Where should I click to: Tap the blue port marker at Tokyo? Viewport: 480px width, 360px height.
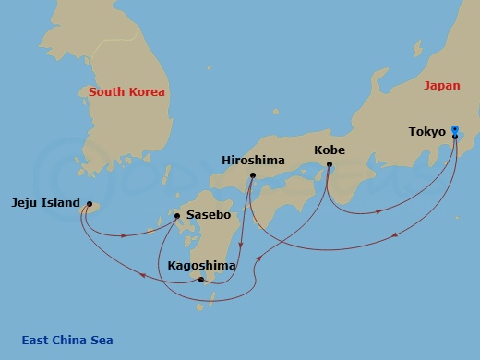(x=455, y=130)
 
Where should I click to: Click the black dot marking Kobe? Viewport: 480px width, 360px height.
(x=330, y=164)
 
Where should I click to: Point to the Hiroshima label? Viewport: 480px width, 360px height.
(x=253, y=160)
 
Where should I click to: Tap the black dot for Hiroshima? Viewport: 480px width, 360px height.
(x=252, y=174)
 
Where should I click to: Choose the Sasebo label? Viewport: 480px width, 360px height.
(x=209, y=215)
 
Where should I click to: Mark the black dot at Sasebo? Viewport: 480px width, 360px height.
(x=177, y=217)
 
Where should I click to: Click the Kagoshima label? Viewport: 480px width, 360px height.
(x=201, y=266)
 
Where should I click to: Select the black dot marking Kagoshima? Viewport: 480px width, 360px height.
(x=201, y=280)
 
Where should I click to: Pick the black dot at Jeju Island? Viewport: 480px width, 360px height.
(x=90, y=204)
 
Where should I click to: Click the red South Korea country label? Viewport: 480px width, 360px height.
(x=126, y=92)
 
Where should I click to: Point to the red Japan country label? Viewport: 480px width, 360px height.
(x=441, y=86)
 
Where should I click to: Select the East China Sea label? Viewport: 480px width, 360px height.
(x=67, y=341)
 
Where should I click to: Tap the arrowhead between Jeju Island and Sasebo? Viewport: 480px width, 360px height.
(x=125, y=234)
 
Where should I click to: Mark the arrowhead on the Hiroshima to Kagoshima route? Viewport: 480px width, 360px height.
(x=241, y=246)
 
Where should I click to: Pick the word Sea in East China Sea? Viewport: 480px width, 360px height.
(x=102, y=341)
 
